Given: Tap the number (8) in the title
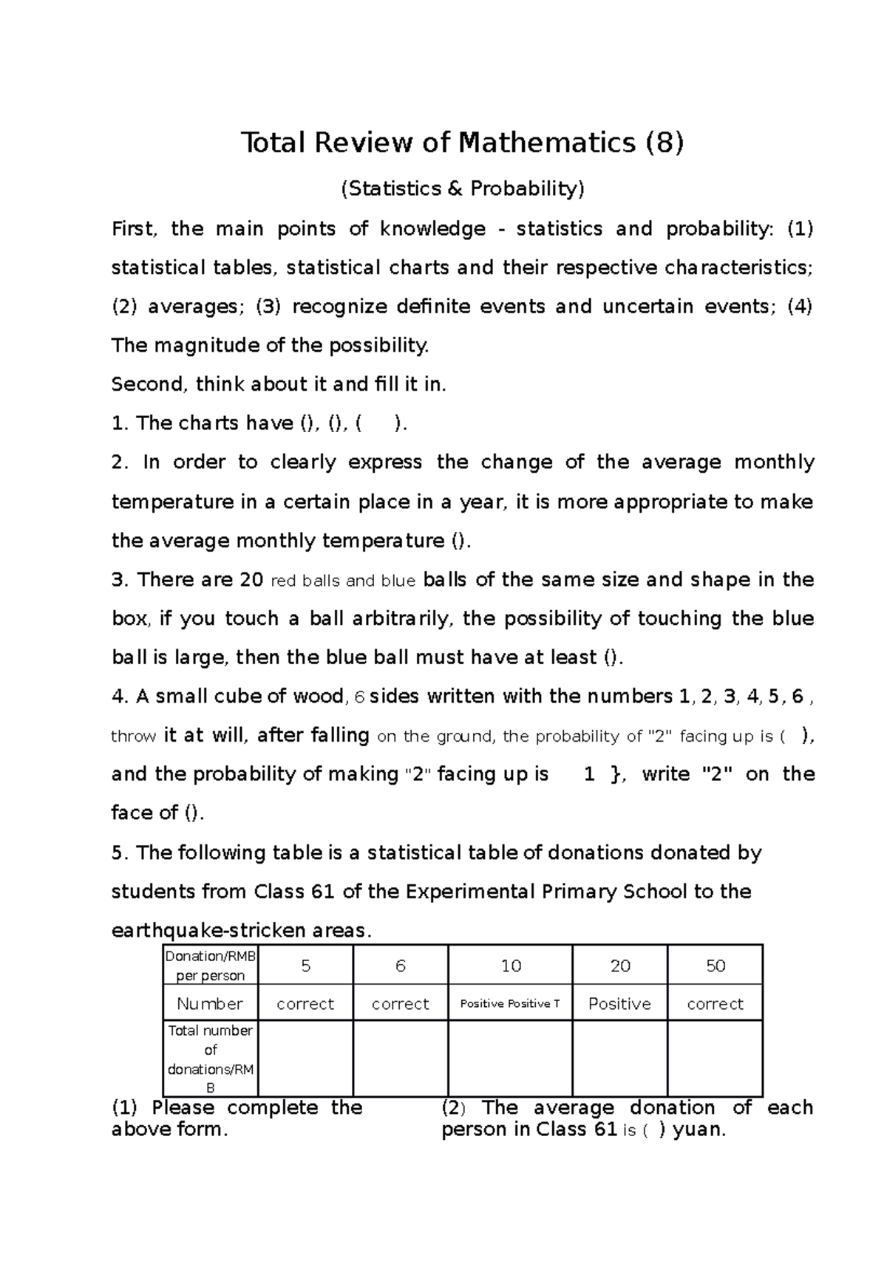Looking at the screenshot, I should tap(664, 142).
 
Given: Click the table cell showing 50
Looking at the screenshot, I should tap(715, 966).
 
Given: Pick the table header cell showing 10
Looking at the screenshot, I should tap(510, 966).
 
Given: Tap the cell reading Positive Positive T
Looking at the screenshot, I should tap(510, 1004).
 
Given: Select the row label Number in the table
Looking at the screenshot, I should tap(210, 1004).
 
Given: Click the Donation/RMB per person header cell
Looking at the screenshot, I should tap(211, 966).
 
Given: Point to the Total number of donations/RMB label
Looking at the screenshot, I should tap(211, 1059).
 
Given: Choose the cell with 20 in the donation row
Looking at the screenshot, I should tap(619, 966).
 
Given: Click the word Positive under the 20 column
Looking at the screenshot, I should tap(619, 1004).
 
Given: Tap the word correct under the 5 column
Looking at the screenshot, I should tap(305, 1004).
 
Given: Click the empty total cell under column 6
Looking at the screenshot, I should tap(400, 1059).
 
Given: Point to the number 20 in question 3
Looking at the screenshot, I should tap(252, 580).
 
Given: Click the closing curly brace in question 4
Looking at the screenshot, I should tap(616, 774).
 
